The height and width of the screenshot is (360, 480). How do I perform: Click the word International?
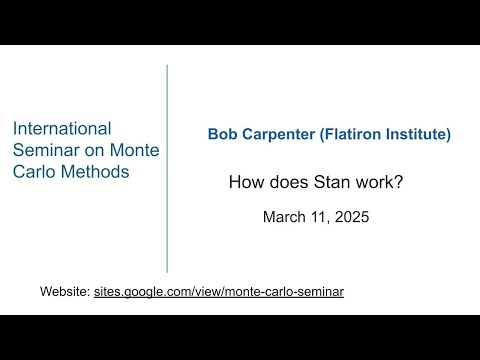[61, 128]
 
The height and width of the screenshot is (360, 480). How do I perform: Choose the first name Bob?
[223, 134]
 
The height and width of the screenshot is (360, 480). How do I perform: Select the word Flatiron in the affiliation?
[357, 134]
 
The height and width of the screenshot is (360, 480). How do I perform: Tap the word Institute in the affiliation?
[425, 134]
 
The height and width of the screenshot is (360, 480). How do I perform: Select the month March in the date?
[285, 216]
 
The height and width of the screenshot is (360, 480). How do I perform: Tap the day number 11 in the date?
[321, 216]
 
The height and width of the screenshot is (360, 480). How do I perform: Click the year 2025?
[353, 216]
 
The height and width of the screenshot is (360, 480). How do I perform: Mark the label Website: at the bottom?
[65, 292]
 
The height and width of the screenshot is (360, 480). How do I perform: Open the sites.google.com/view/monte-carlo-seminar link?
[219, 292]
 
